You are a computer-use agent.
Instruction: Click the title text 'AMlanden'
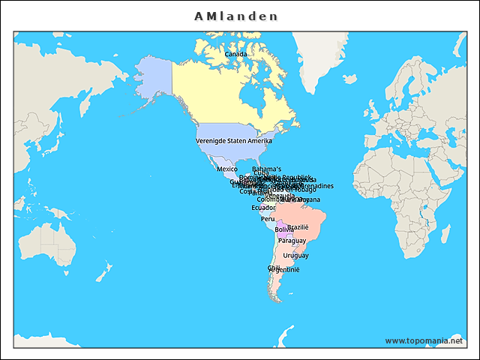click(235, 16)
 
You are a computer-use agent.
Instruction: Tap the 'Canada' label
click(236, 54)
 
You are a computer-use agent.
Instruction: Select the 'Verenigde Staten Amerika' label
click(234, 141)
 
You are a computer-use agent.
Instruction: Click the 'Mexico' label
click(227, 169)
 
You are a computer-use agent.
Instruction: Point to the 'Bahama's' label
click(267, 169)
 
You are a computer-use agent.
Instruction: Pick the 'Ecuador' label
click(263, 208)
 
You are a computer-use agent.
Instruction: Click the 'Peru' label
click(268, 219)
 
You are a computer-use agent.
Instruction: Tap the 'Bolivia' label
click(284, 229)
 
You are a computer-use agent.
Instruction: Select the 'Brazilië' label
click(298, 227)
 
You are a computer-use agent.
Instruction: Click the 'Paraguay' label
click(292, 241)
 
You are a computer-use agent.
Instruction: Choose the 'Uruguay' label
click(295, 256)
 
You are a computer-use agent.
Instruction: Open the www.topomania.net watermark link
click(424, 340)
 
